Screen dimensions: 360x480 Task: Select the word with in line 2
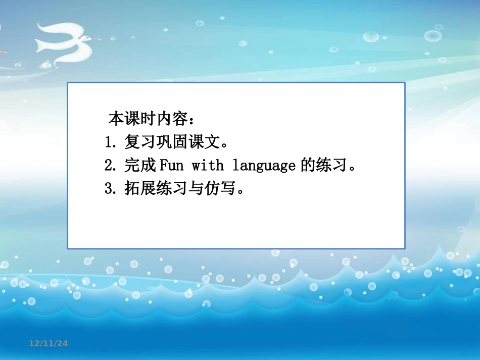point(207,165)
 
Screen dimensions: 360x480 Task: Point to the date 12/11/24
point(48,344)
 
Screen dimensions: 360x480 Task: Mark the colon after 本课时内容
point(191,120)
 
